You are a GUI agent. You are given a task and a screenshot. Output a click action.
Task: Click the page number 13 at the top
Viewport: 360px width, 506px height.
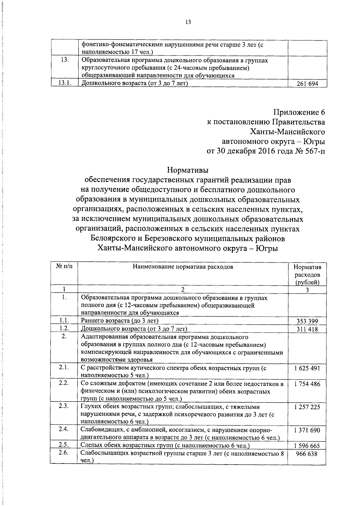188,22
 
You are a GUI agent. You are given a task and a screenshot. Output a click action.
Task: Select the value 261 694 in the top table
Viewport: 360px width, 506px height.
307,84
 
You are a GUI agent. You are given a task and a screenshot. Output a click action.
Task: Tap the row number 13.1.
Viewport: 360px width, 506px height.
64,83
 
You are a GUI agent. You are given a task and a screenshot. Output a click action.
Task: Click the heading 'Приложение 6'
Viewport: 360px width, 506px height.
299,113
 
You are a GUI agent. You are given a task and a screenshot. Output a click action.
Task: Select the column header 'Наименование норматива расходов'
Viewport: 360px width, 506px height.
183,267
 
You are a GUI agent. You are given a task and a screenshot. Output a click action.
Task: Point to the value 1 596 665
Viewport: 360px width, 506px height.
307,446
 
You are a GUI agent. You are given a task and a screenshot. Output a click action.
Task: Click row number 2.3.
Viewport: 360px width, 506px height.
64,406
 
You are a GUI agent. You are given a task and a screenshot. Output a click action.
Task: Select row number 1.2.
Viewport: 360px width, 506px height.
64,329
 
